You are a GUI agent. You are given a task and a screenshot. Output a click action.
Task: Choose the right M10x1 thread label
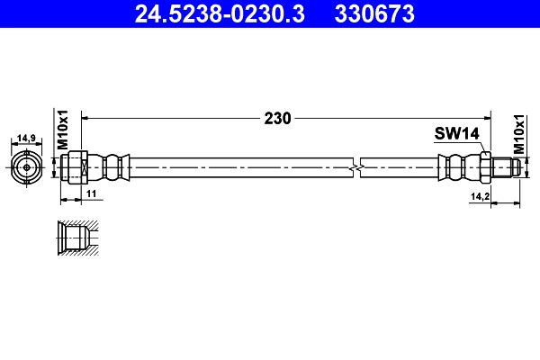(519, 132)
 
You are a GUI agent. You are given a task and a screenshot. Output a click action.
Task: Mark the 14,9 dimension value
(27, 139)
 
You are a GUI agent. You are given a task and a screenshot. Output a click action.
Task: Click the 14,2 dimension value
(480, 194)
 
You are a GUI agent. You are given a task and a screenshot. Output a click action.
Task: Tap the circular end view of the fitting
(27, 166)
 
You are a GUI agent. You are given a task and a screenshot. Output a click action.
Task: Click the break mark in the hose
(358, 167)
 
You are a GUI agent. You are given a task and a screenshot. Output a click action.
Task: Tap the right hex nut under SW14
(484, 166)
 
